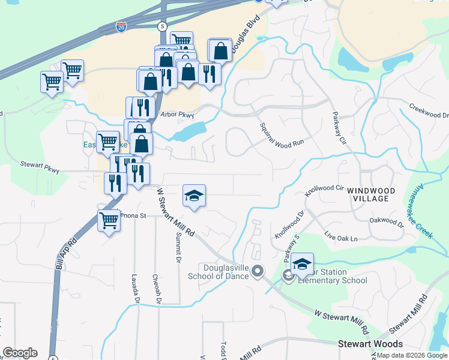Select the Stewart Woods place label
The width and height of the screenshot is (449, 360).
click(370, 344)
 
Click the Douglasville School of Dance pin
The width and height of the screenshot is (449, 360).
click(258, 272)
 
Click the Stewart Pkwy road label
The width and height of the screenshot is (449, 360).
click(40, 166)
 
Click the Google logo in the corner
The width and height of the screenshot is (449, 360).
click(20, 353)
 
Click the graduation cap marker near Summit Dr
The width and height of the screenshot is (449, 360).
click(194, 196)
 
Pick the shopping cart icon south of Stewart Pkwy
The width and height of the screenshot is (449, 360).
click(108, 221)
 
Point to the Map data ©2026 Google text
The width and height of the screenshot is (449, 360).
click(412, 355)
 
